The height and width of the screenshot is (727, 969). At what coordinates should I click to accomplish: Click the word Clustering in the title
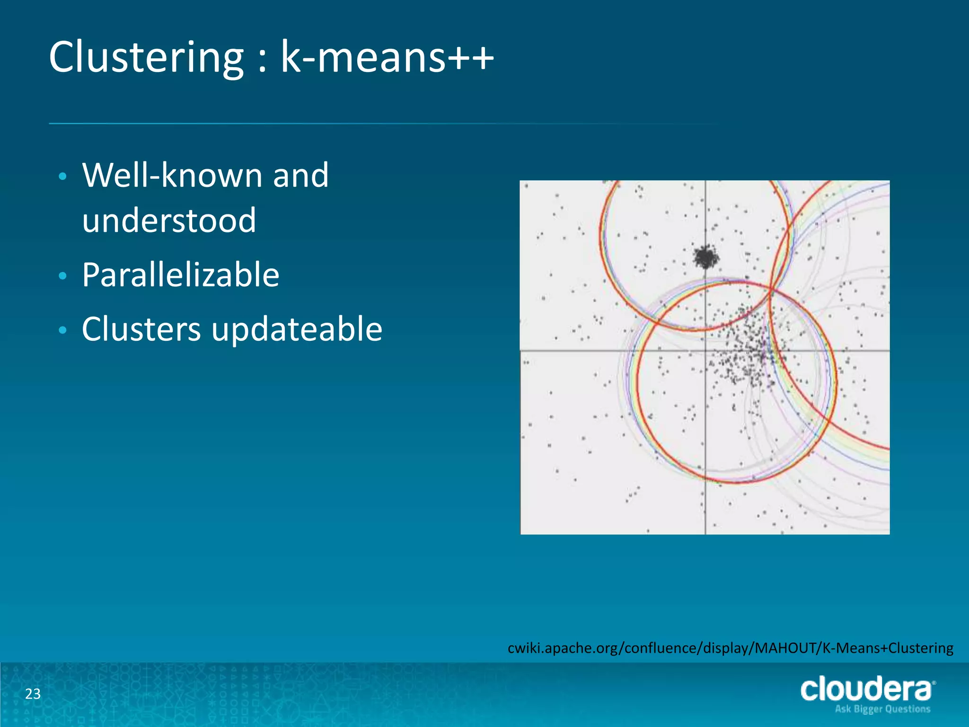[147, 58]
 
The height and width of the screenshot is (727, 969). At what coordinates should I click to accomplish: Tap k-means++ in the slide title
[387, 58]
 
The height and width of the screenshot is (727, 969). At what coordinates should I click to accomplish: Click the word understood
[169, 221]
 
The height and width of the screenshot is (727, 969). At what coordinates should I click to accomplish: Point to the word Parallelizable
[181, 275]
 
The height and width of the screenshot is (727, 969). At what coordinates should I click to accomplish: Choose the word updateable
[297, 329]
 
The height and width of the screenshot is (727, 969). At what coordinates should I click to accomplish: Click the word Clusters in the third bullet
[141, 329]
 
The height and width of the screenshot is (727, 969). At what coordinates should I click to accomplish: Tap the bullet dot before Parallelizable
[62, 276]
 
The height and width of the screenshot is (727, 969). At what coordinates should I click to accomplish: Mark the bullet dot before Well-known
[62, 177]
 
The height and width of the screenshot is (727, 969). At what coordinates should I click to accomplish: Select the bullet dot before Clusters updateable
[62, 330]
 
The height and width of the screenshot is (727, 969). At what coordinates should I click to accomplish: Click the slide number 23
[33, 694]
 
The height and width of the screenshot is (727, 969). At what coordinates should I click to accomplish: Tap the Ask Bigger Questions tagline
[882, 709]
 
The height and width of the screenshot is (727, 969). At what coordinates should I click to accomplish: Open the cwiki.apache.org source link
[730, 647]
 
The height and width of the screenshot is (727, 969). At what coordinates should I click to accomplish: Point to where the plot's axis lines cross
[705, 351]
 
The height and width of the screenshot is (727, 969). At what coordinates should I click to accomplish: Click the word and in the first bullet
[300, 176]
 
